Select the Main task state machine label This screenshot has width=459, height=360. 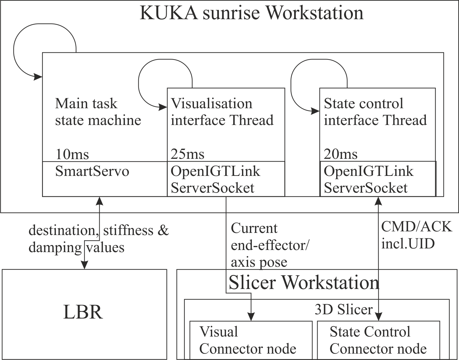pos(98,112)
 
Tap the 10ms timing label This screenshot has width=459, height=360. pos(72,154)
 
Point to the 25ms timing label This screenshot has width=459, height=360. pos(187,154)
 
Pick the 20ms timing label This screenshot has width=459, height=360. pos(340,154)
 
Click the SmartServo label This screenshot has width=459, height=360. pos(92,171)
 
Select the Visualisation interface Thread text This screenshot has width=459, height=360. pos(222,112)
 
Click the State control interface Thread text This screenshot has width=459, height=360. pos(375,112)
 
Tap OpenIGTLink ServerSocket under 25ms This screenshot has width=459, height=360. pos(215,179)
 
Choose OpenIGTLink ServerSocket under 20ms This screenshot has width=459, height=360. pos(368,179)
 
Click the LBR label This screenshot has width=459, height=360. pos(83,312)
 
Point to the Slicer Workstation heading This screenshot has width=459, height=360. pos(304,283)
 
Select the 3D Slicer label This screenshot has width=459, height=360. pos(343,310)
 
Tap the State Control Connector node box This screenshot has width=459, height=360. pos(378,340)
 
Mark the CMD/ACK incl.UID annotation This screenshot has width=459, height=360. pos(416,235)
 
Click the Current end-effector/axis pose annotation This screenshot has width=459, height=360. pos(270,245)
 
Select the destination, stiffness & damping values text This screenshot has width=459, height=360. pos(98,239)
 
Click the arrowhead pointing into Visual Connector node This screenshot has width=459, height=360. pos(251,317)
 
